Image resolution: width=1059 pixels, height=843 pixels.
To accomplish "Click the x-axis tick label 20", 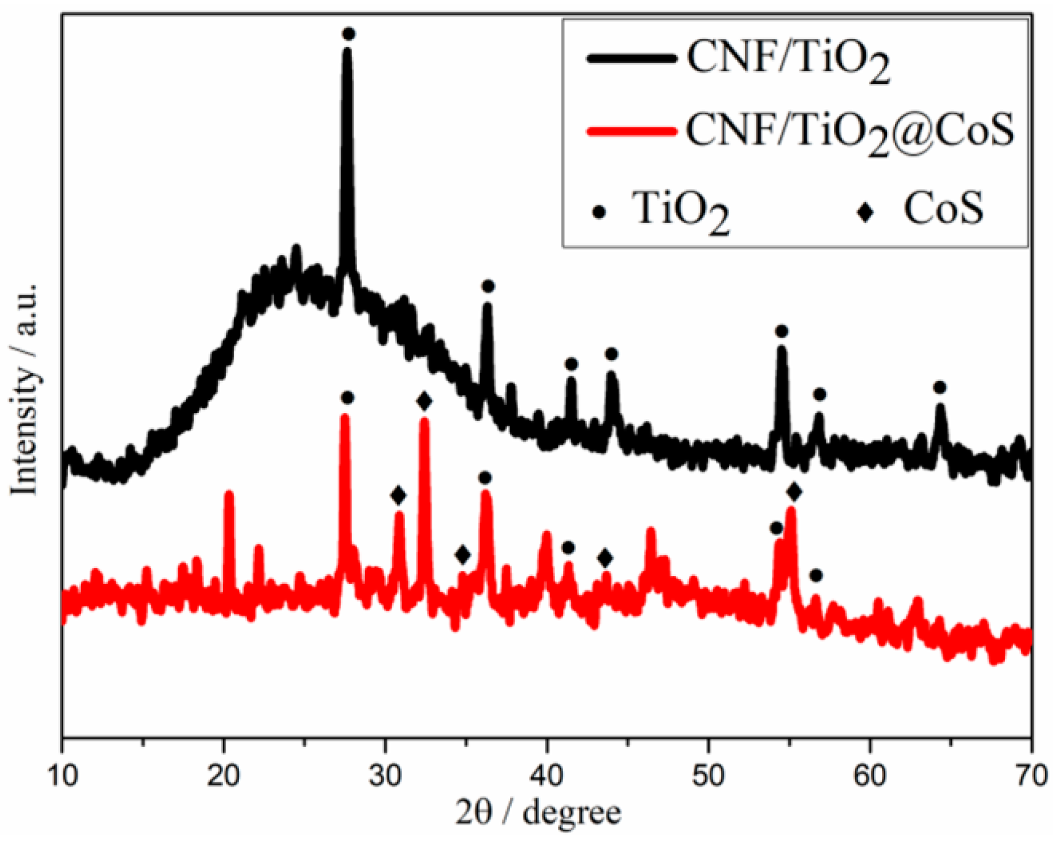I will click(x=224, y=776).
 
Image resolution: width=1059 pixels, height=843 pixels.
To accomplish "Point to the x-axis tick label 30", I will click(x=385, y=776).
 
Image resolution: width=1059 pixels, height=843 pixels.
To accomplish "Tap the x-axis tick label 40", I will click(x=547, y=776).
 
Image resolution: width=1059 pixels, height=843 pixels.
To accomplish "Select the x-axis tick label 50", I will click(x=709, y=776).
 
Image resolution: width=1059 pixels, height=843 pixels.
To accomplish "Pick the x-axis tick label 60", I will click(x=870, y=776).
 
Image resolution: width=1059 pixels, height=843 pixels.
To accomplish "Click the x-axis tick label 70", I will click(x=1031, y=776).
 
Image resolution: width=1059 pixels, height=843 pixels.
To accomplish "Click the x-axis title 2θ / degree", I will click(x=538, y=812).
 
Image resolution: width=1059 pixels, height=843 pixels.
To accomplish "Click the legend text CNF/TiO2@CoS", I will click(x=850, y=130).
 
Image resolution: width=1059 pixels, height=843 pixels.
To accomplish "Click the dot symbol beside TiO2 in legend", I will click(x=600, y=213).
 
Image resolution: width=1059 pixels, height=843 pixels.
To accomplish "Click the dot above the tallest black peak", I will click(x=349, y=34).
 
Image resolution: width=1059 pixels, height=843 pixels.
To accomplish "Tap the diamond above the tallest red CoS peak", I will click(x=424, y=402).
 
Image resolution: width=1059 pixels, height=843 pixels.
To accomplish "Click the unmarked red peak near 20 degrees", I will click(x=229, y=494).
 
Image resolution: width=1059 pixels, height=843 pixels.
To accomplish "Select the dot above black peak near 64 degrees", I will click(x=940, y=387).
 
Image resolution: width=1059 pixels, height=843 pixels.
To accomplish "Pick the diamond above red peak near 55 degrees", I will click(x=794, y=491).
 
